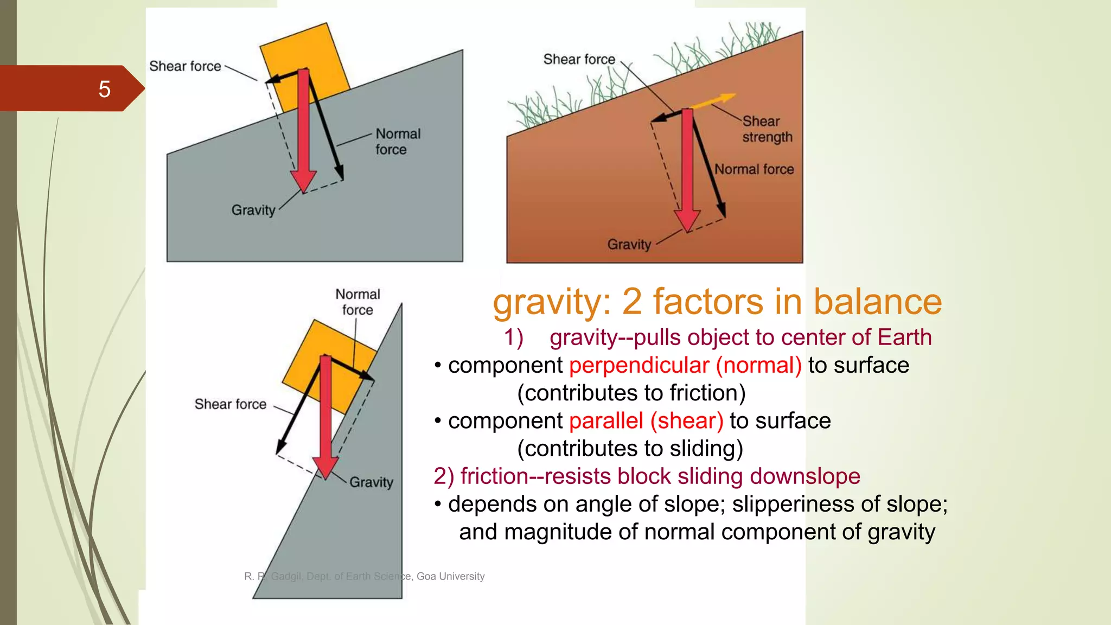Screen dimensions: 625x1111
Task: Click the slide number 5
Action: (x=104, y=89)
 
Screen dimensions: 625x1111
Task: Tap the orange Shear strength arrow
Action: (x=714, y=101)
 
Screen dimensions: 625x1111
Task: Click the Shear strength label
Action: (x=767, y=129)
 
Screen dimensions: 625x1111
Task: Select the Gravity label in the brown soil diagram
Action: (x=629, y=245)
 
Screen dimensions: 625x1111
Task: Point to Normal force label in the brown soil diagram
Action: (x=754, y=169)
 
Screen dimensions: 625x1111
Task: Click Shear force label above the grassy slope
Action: (x=579, y=59)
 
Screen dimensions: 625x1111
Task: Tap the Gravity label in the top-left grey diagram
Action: (x=253, y=210)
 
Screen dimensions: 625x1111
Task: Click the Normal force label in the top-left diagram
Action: (x=398, y=142)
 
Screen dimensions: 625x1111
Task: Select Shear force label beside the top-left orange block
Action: (x=185, y=66)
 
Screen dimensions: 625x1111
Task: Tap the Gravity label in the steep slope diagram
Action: (x=371, y=482)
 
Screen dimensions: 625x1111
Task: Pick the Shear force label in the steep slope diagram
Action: (x=231, y=404)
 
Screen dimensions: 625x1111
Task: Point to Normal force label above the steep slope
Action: (x=357, y=302)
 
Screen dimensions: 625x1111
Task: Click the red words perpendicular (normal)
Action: (x=685, y=365)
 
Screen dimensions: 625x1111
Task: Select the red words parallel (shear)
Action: (x=646, y=421)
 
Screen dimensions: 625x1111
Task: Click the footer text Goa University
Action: (x=450, y=576)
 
